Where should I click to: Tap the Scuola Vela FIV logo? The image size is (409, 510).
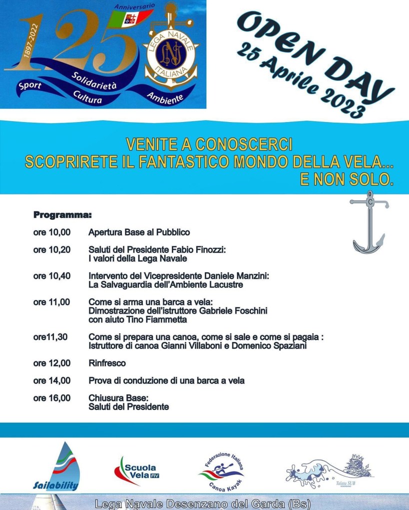[x=136, y=471]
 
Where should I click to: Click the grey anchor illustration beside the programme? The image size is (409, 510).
[x=369, y=222]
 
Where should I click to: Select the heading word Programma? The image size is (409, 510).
[x=62, y=215]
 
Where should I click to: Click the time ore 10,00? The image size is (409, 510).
[x=52, y=232]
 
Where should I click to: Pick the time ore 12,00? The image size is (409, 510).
[x=52, y=363]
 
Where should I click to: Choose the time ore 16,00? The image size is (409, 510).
[x=52, y=398]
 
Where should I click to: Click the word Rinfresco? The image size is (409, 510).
[x=107, y=363]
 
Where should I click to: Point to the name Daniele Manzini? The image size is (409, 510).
[x=235, y=276]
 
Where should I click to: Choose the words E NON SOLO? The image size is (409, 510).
[x=347, y=179]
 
